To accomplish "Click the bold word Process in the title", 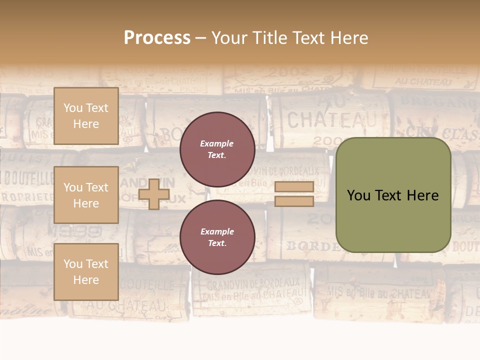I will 157,38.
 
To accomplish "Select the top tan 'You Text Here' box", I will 86,116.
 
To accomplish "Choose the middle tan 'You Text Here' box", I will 86,195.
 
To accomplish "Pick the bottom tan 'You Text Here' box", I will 86,271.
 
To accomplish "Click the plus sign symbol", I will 153,194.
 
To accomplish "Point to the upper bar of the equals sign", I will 294,187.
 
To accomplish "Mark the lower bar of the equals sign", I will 294,201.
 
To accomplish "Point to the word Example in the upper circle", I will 216,143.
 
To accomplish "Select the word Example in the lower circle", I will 217,231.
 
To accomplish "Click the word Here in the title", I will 348,38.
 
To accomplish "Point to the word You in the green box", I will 358,195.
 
